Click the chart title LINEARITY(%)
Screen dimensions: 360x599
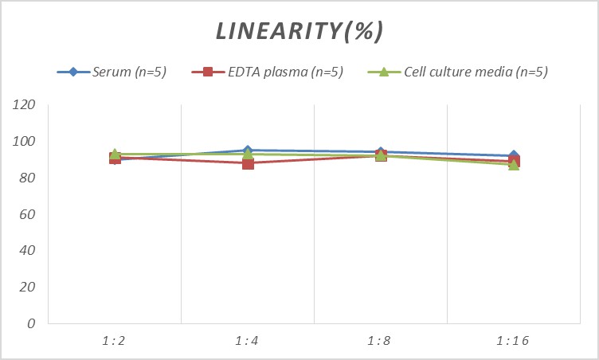click(x=299, y=31)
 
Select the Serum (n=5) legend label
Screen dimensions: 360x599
click(x=128, y=72)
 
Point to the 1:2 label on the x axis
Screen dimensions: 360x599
click(x=115, y=341)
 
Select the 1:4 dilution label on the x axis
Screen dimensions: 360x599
click(x=248, y=341)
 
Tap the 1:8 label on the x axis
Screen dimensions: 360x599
click(x=381, y=341)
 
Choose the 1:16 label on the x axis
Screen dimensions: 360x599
click(x=514, y=341)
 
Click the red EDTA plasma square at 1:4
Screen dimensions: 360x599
click(x=248, y=163)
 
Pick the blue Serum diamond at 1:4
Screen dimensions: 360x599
click(x=248, y=150)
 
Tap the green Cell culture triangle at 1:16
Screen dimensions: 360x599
click(x=514, y=166)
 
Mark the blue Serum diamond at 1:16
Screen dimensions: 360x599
click(x=514, y=155)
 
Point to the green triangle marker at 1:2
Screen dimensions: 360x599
click(x=115, y=153)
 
